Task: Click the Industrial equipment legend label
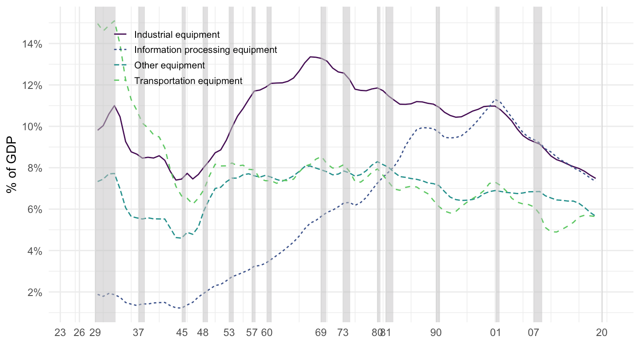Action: pyautogui.click(x=177, y=34)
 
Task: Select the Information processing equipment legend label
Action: pyautogui.click(x=205, y=50)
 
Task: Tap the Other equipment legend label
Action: pyautogui.click(x=169, y=65)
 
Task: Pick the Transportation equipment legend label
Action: pyautogui.click(x=188, y=81)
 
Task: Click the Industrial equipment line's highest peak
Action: pyautogui.click(x=311, y=57)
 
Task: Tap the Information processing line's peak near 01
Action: pyautogui.click(x=496, y=100)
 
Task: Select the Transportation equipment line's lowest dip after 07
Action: pyautogui.click(x=555, y=232)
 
